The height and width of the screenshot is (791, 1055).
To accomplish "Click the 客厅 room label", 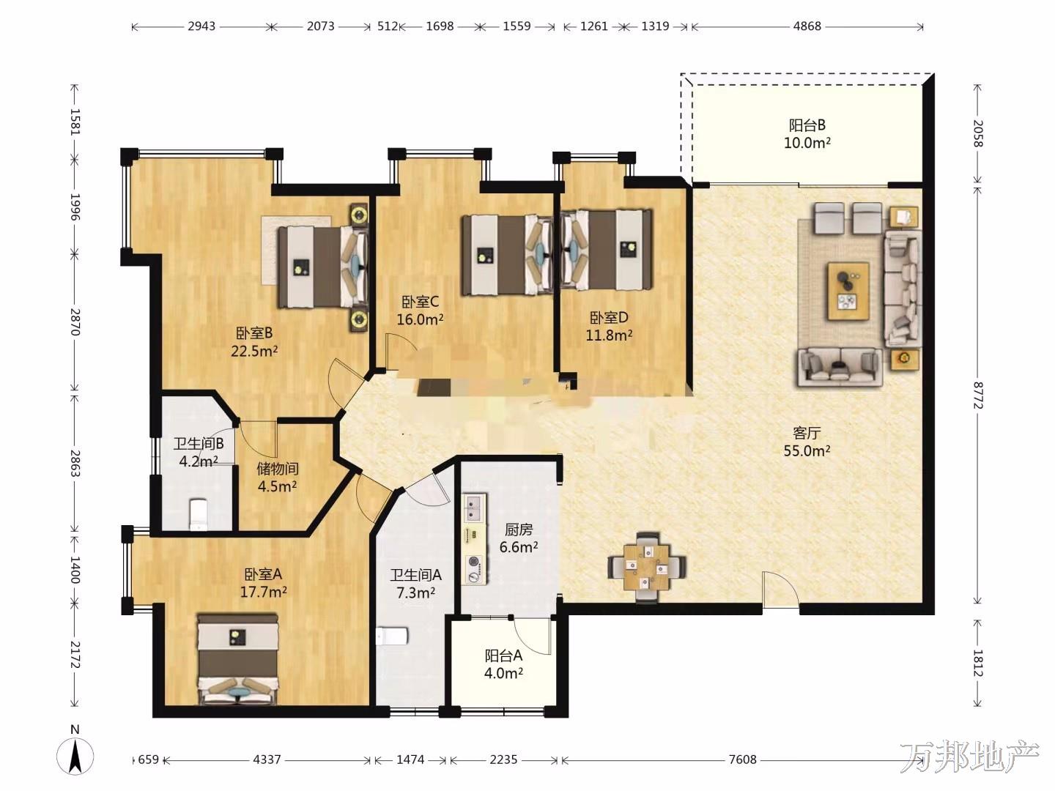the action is point(807,433).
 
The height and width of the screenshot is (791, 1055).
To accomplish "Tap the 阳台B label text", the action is point(807,125).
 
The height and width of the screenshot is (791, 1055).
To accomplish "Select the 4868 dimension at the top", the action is point(807,26).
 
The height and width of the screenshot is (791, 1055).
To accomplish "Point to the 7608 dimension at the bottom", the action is point(743,760).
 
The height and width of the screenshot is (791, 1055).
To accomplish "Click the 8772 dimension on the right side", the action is point(977,395).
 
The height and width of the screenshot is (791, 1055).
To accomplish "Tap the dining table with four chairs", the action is point(647,567).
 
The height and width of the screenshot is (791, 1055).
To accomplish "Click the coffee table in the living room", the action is point(848,291).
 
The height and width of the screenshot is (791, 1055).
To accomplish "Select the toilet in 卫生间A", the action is point(392,636).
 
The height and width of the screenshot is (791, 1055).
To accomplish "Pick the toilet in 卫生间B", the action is point(199,514).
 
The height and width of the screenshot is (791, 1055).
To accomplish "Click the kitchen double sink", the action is point(474,509).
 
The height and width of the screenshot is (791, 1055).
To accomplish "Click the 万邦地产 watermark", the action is point(969,757).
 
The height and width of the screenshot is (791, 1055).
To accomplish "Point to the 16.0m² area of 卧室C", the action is point(420,319).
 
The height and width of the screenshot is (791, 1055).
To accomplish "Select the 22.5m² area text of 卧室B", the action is point(254,351).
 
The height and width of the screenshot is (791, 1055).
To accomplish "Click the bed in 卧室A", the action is point(238,659).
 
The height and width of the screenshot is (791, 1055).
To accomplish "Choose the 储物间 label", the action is point(278,468).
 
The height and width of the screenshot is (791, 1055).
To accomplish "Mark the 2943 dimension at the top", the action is point(201,26).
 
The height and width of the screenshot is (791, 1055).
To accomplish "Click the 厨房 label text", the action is point(519,530).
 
